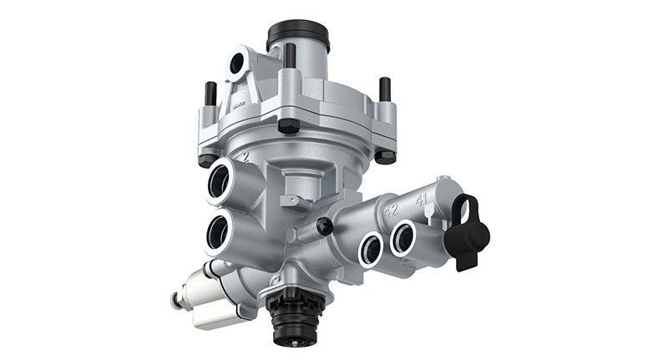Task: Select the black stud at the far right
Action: pyautogui.click(x=384, y=89)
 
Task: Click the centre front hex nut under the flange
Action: pyautogui.click(x=289, y=126)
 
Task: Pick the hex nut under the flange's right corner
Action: pyautogui.click(x=385, y=156)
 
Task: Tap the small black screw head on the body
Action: pyautogui.click(x=325, y=226)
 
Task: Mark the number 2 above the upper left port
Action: pyautogui.click(x=244, y=155)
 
